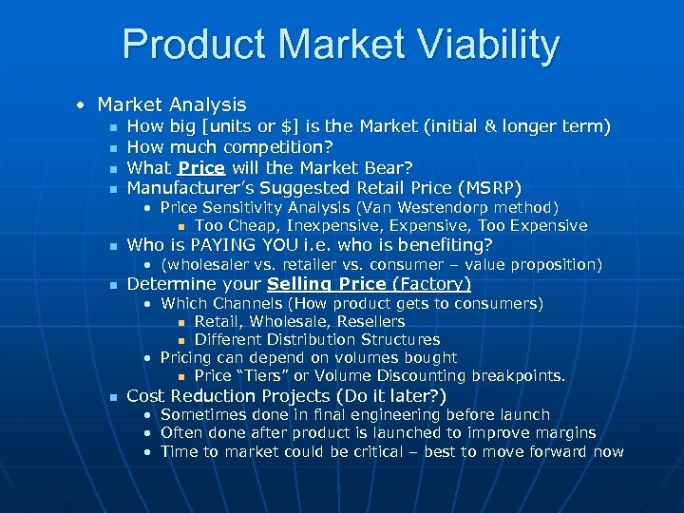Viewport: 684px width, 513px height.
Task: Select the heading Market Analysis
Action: [171, 104]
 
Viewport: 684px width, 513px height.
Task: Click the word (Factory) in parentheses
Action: [433, 284]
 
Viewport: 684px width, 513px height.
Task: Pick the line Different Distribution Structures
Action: [316, 339]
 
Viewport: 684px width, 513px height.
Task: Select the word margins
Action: [563, 432]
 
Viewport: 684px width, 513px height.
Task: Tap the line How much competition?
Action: [229, 146]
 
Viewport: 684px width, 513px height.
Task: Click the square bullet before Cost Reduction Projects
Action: [112, 396]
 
